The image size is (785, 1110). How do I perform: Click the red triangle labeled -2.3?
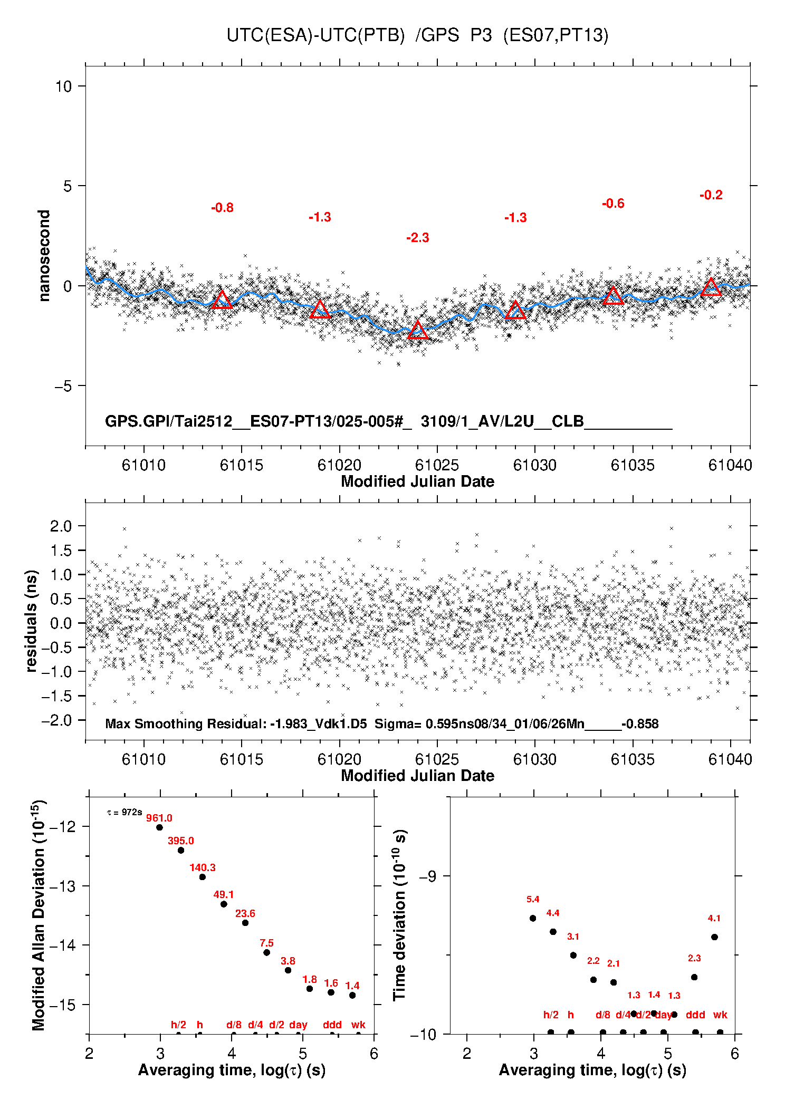click(x=418, y=331)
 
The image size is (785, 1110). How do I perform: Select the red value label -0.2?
click(x=711, y=195)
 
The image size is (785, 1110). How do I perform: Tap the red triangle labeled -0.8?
click(x=222, y=300)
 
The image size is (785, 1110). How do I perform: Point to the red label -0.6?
click(x=613, y=204)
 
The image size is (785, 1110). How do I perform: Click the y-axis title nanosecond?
click(x=44, y=256)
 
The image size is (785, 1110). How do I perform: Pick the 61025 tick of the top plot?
click(x=437, y=465)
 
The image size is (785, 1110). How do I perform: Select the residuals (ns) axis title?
click(x=31, y=621)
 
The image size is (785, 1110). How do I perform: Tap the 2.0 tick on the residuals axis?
click(x=61, y=526)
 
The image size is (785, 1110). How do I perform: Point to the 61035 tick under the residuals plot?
click(x=633, y=759)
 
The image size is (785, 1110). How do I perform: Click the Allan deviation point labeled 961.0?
click(x=159, y=827)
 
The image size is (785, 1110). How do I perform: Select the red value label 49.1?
click(x=224, y=894)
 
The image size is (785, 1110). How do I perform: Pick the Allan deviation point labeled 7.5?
click(x=266, y=952)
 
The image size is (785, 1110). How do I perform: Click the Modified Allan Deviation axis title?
click(x=38, y=915)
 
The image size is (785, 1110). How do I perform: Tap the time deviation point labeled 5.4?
click(x=533, y=918)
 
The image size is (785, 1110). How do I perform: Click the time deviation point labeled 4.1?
click(x=714, y=937)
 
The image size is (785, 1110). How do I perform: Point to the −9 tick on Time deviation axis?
click(x=427, y=876)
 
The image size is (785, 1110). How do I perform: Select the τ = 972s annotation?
click(x=125, y=812)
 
